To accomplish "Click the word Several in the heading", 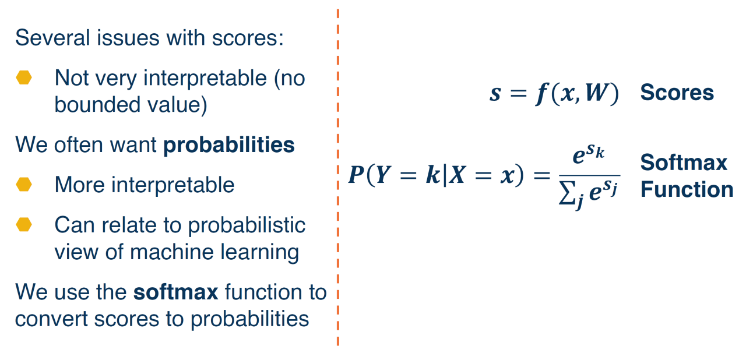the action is coord(52,38).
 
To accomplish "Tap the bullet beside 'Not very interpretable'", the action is coord(24,77).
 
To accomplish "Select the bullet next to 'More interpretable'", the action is coord(24,184).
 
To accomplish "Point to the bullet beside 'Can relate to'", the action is coord(24,225).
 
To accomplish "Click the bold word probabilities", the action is coord(229,146).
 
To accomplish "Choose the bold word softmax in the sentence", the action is coord(175,292).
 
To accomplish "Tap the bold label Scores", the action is coord(677,92).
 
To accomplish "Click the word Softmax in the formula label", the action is coord(684,163).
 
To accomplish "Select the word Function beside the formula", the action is coord(687,189).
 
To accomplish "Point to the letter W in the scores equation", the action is coord(597,92).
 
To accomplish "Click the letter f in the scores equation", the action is coord(542,94).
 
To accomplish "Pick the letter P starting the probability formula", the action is coord(356,174).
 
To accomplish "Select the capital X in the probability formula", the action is coord(457,174).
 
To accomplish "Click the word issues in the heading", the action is coord(128,38).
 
